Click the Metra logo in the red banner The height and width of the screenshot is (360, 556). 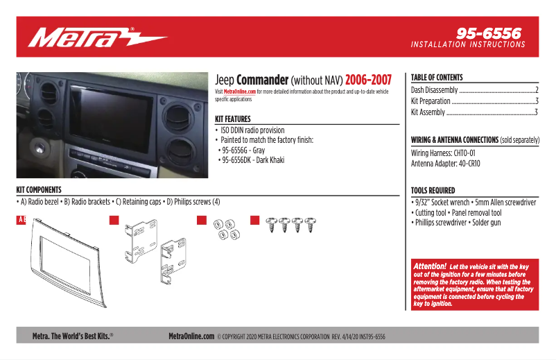coord(97,37)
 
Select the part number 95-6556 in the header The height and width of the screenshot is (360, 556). coord(489,33)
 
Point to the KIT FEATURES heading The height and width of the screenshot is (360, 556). coord(233,119)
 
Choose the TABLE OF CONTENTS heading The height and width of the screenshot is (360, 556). coord(437,78)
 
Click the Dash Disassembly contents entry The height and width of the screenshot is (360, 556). coord(435,90)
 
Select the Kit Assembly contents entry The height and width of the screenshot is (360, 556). coord(428,112)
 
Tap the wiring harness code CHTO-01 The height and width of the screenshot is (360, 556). coord(462,153)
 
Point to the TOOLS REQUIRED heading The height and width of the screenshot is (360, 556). coord(433,190)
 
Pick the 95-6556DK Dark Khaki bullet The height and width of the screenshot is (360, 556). coord(252,160)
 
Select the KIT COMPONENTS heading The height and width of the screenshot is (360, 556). coord(39,189)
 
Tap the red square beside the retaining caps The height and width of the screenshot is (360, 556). coord(202,221)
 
